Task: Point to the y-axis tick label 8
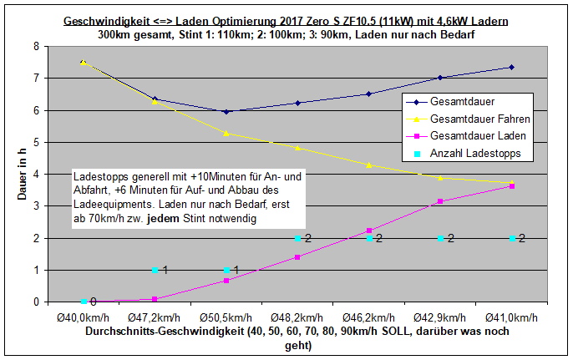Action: pyautogui.click(x=36, y=47)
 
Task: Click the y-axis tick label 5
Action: pyautogui.click(x=36, y=142)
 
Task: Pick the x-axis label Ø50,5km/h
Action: pyautogui.click(x=226, y=318)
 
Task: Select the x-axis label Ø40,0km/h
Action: pyautogui.click(x=83, y=318)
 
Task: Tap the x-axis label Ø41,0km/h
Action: pyautogui.click(x=511, y=318)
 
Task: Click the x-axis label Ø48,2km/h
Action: pyautogui.click(x=297, y=318)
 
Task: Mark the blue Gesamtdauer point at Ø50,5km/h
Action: pyautogui.click(x=226, y=112)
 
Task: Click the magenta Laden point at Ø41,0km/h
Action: pyautogui.click(x=511, y=186)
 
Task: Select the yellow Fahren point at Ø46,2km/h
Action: pyautogui.click(x=368, y=165)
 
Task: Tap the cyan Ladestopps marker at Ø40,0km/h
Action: pyautogui.click(x=84, y=302)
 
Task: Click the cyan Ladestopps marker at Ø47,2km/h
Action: pyautogui.click(x=155, y=270)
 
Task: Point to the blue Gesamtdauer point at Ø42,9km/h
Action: pyautogui.click(x=440, y=78)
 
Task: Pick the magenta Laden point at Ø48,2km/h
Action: pyautogui.click(x=297, y=257)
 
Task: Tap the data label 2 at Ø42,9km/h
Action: pyautogui.click(x=450, y=239)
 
